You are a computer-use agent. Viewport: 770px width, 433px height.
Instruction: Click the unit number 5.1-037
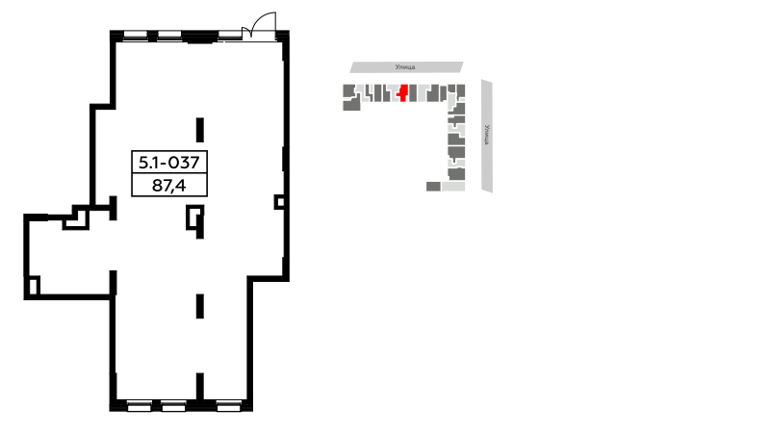(x=169, y=162)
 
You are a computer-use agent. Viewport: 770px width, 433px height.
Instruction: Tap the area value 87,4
(x=169, y=185)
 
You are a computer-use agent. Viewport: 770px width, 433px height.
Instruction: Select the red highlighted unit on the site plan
(x=403, y=92)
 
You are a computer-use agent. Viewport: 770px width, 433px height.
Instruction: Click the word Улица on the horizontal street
(x=405, y=66)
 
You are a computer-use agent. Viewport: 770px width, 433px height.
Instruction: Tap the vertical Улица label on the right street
(x=487, y=135)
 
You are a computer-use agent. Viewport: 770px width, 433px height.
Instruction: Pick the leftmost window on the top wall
(x=135, y=35)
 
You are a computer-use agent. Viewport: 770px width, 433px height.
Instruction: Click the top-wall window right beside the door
(x=230, y=35)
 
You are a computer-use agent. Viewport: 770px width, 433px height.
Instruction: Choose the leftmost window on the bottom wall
(x=140, y=406)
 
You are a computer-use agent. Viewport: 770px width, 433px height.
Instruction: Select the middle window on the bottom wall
(x=174, y=406)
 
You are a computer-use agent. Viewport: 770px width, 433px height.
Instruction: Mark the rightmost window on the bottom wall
(x=229, y=406)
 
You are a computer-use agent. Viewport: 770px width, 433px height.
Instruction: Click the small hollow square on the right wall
(x=279, y=202)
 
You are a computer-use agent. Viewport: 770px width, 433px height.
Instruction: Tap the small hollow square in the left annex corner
(x=33, y=286)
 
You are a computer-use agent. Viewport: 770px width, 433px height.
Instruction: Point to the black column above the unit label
(x=200, y=130)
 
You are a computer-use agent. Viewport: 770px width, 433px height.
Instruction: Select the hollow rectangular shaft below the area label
(x=194, y=217)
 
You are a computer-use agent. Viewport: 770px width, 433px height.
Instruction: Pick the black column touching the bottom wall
(x=200, y=388)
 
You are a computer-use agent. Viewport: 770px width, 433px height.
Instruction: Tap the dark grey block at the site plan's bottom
(x=433, y=186)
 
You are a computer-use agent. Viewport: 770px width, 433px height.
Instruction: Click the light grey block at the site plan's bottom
(x=453, y=186)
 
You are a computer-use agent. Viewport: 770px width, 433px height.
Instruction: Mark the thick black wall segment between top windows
(x=200, y=37)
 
